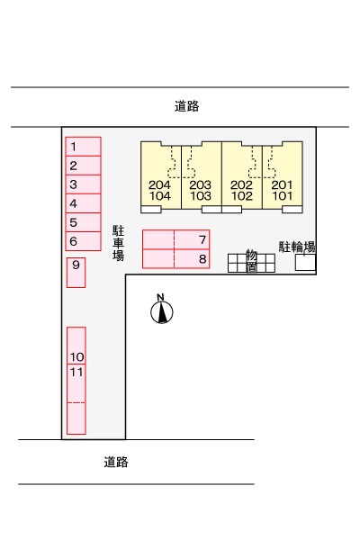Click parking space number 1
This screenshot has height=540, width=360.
click(x=83, y=147)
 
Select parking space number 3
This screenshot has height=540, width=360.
click(x=83, y=184)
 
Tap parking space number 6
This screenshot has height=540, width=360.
click(x=83, y=241)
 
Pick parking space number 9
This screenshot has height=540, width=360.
click(x=76, y=273)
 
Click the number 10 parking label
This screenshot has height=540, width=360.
click(x=76, y=356)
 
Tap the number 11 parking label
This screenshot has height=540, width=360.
click(x=76, y=372)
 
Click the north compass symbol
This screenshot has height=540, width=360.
click(x=162, y=310)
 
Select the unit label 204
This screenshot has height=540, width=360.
click(x=159, y=184)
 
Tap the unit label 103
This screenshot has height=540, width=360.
click(x=201, y=196)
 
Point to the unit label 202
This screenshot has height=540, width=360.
click(x=241, y=184)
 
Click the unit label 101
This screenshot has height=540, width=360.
click(x=282, y=196)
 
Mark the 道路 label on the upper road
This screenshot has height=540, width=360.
click(x=186, y=106)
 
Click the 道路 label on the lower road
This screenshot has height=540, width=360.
click(x=116, y=462)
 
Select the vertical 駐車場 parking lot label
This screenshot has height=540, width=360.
click(x=118, y=243)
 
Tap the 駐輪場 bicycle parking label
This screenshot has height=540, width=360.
click(x=297, y=247)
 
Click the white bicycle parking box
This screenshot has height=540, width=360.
click(x=306, y=263)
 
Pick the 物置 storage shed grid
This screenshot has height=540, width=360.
click(x=251, y=263)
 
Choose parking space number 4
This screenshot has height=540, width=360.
click(x=83, y=203)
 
